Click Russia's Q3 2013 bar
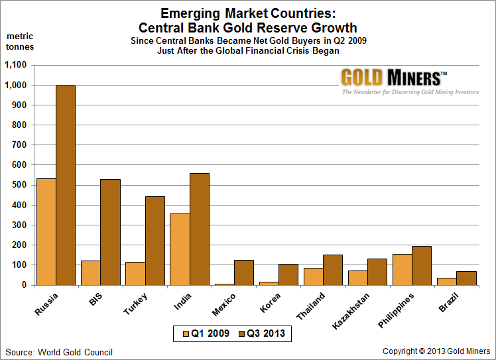pos(66,185)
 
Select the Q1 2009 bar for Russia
pos(46,231)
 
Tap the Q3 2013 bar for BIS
pos(110,232)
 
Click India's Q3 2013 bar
pos(200,229)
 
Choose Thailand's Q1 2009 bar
pos(314,276)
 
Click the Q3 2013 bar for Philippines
pos(422,265)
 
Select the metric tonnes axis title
pos(20,41)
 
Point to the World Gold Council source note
pos(60,352)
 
